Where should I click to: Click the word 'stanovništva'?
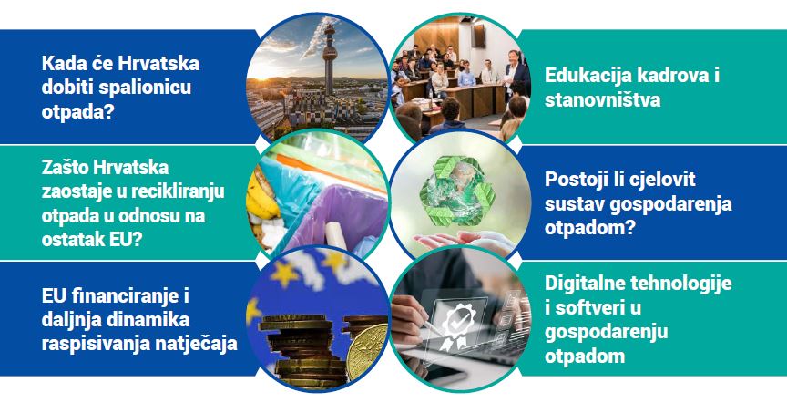click(x=602, y=99)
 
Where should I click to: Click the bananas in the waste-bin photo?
click(x=261, y=196)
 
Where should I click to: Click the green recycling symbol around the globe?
click(x=457, y=190)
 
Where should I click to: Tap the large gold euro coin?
click(x=367, y=352)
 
